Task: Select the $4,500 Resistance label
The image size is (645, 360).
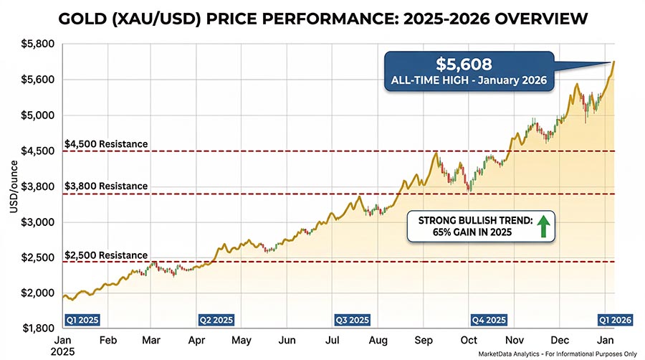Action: [x=106, y=143]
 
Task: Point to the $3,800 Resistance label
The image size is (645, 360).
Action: [x=106, y=186]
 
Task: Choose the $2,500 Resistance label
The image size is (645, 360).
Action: [x=106, y=255]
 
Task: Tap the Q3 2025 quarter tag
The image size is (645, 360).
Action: [x=352, y=319]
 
